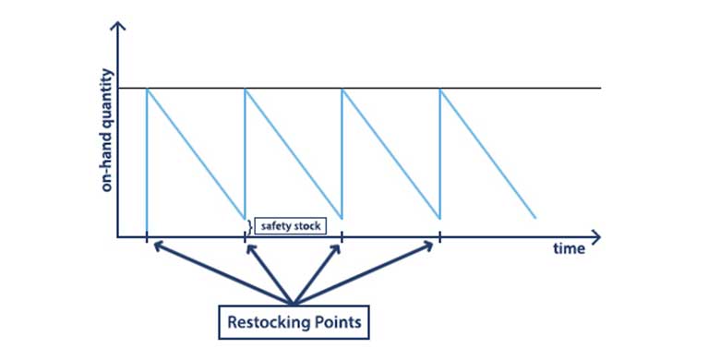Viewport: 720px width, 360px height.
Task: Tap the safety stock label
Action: point(290,224)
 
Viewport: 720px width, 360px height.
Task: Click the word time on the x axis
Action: point(570,249)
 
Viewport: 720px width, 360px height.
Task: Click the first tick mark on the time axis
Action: point(147,238)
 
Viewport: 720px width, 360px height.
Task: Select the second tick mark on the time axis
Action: point(245,238)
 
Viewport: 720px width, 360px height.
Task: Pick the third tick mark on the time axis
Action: point(342,238)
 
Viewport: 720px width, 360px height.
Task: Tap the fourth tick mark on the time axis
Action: point(440,238)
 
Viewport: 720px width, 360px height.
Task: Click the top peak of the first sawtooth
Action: point(147,89)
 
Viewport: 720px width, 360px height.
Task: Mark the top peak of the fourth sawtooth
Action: point(440,89)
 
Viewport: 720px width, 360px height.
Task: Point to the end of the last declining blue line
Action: point(536,219)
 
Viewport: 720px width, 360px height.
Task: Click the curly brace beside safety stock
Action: point(250,224)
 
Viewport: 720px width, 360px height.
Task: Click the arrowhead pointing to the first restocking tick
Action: point(157,245)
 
